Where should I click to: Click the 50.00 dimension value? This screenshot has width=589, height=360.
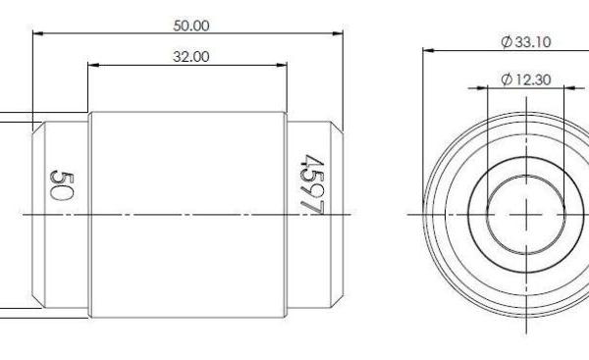click(191, 26)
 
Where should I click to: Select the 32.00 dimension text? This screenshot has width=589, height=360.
click(191, 57)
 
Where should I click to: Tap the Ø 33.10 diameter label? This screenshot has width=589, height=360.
click(526, 41)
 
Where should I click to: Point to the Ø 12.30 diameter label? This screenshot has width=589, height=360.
click(526, 79)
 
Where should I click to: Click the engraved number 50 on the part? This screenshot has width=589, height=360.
click(61, 185)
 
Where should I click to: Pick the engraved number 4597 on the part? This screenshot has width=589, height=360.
click(312, 184)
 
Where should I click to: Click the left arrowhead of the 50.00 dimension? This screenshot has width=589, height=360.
click(38, 33)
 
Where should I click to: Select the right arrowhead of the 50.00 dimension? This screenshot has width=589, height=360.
click(338, 33)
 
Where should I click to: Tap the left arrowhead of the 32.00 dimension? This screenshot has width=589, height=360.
click(93, 65)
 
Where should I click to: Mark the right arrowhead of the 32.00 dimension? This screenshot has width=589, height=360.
click(282, 65)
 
